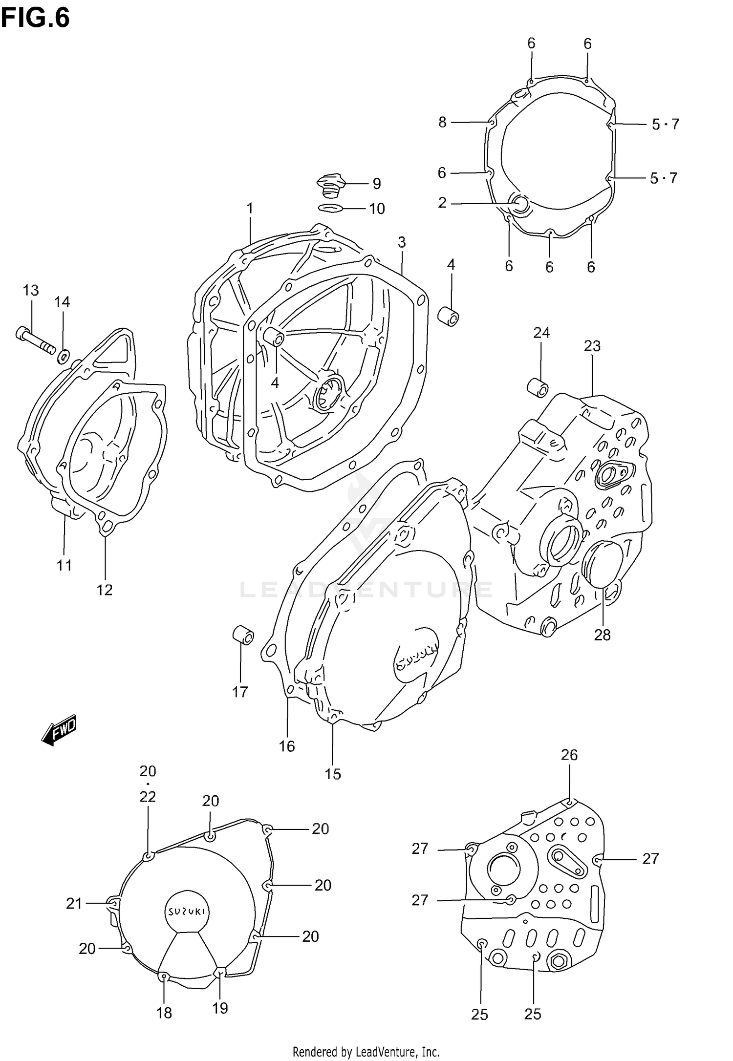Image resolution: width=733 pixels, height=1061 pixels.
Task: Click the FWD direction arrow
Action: click(x=59, y=730)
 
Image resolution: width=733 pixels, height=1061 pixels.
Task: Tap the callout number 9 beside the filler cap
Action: click(x=376, y=184)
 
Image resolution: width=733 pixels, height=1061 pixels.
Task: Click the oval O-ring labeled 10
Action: click(x=331, y=208)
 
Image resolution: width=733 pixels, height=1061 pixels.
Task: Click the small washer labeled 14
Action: click(x=63, y=357)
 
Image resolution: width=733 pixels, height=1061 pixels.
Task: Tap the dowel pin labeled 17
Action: click(x=243, y=635)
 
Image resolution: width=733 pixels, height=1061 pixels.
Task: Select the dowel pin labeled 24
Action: click(x=538, y=387)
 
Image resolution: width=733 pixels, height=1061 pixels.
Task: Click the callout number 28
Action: click(x=602, y=635)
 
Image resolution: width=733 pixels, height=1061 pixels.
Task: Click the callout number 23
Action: click(x=592, y=346)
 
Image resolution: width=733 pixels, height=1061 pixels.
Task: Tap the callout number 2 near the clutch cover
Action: click(x=442, y=202)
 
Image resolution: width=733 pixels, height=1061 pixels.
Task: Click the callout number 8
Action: click(x=442, y=122)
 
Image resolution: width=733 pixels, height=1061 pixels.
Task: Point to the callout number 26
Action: click(x=569, y=755)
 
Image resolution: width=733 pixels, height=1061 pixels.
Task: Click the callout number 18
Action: click(x=164, y=1013)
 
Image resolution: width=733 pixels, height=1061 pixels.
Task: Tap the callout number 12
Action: click(x=105, y=590)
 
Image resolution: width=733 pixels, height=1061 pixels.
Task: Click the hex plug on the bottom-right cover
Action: click(x=557, y=961)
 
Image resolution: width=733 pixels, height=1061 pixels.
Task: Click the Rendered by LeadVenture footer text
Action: click(x=366, y=1051)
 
